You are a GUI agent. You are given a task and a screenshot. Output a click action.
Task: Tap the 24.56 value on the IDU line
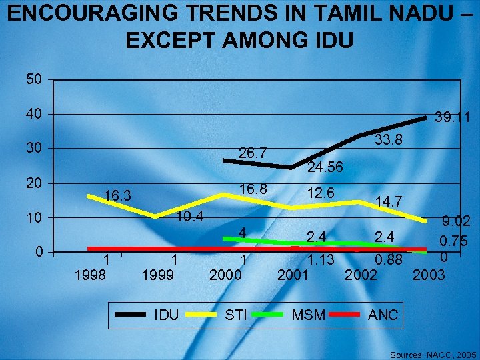click(x=325, y=168)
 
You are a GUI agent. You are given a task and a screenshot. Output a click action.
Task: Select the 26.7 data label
click(x=253, y=154)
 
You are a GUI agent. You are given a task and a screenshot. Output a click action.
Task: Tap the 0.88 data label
click(x=388, y=260)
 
